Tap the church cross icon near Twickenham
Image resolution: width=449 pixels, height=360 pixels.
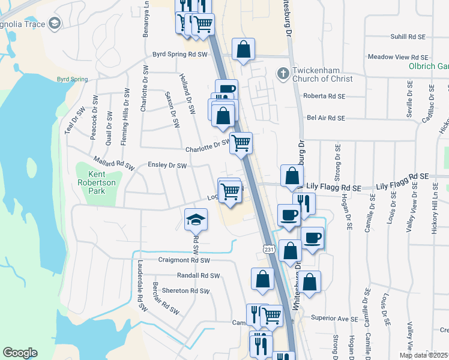point(282,74)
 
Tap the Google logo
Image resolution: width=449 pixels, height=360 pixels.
point(20,353)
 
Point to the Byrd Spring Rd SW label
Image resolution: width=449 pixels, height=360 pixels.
point(179,54)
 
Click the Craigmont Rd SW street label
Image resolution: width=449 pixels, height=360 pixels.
point(184,260)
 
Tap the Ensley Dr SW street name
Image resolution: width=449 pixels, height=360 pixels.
point(167,166)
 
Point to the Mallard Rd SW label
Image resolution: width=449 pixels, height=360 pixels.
point(112,162)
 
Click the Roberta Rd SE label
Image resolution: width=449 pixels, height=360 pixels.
point(325,96)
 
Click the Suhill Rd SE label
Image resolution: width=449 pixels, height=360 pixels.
point(408,37)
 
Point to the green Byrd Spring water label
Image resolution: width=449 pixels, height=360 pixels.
point(72,79)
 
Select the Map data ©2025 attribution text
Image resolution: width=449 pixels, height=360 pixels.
point(424,355)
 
